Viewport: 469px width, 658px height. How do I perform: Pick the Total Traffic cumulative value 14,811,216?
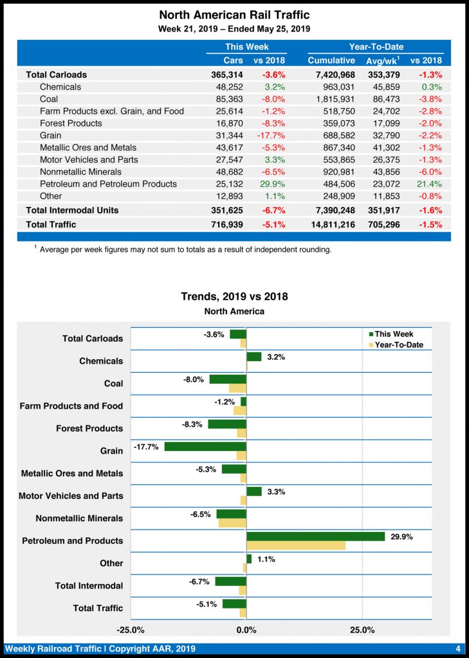click(332, 224)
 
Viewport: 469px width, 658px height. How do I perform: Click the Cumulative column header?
click(331, 60)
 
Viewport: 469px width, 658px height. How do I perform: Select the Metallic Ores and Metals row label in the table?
click(89, 148)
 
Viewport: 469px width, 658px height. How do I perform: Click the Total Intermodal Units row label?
click(72, 210)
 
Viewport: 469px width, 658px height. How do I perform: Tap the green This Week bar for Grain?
click(205, 447)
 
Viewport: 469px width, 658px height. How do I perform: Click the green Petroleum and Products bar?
click(315, 537)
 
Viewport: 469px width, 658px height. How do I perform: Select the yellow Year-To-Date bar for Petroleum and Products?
click(296, 546)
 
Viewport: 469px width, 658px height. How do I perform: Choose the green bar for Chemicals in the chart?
click(254, 357)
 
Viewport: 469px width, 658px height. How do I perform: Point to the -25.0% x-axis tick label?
click(131, 630)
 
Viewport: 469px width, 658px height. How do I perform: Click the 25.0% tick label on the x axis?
click(362, 630)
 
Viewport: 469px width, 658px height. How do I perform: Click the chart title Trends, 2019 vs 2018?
click(234, 296)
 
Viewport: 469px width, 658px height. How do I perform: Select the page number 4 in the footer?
click(458, 648)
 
